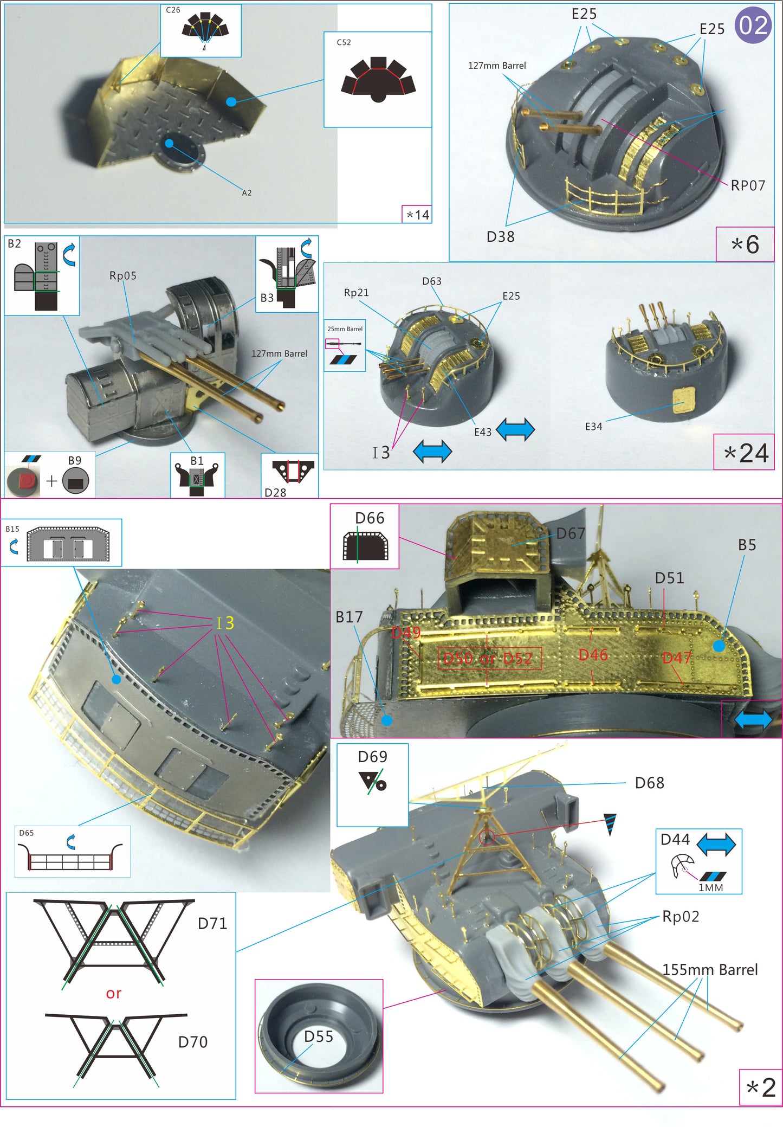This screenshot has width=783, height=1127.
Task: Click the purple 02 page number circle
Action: click(753, 25)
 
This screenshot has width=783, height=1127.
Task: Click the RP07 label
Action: click(748, 185)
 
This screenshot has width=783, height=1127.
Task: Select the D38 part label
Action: click(500, 236)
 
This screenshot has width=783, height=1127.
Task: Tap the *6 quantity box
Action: click(745, 244)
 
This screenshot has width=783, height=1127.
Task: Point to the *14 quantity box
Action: click(417, 215)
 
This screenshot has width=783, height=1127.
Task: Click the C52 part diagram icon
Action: click(378, 80)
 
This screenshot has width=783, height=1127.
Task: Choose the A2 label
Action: click(247, 192)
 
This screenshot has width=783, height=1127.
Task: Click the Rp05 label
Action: click(123, 275)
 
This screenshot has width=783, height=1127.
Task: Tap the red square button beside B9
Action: click(27, 480)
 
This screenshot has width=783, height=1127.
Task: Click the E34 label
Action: click(593, 427)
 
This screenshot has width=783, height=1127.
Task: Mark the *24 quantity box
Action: click(746, 453)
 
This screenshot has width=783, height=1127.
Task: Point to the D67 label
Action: click(571, 533)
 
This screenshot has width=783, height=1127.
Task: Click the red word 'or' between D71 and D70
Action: click(114, 993)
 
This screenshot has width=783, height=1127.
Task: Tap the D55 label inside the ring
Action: click(318, 1036)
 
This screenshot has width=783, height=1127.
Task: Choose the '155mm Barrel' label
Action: click(710, 969)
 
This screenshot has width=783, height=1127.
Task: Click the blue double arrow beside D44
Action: click(716, 845)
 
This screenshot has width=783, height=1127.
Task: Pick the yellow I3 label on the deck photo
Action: click(225, 623)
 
